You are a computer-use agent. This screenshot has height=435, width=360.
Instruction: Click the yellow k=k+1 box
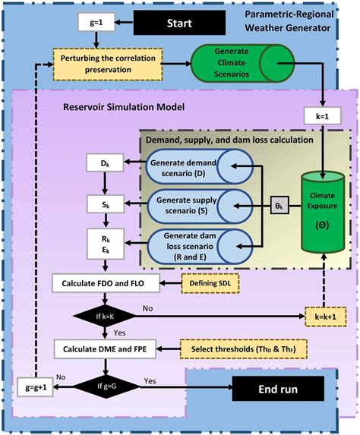[x=318, y=314]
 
